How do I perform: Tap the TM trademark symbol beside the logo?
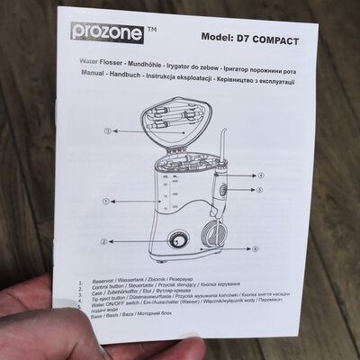click(150, 29)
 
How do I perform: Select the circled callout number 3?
click(106, 131)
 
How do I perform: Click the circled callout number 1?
click(106, 202)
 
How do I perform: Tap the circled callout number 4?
click(262, 175)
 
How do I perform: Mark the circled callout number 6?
click(254, 247)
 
